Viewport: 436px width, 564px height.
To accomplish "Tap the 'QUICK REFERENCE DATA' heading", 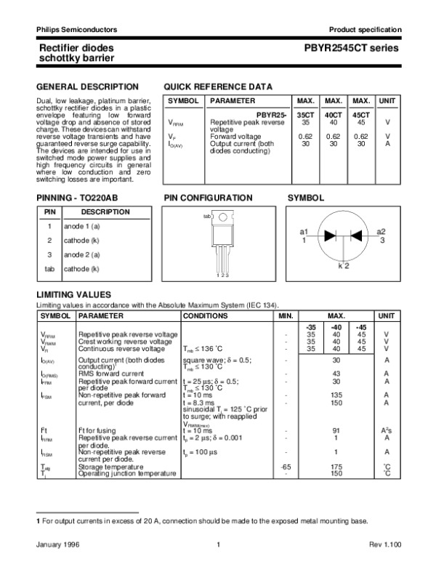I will click(218, 86).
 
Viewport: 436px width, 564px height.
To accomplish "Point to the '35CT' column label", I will click(305, 116).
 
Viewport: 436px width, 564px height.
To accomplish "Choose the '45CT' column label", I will click(361, 116).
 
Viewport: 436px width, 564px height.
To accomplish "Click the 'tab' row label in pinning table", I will click(49, 269).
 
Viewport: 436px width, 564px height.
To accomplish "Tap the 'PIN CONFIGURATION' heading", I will click(208, 198).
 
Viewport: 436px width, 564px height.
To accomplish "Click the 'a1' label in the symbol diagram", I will click(304, 231).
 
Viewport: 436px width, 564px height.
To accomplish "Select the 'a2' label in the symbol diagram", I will click(381, 231).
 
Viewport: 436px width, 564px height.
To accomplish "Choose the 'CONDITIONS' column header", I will click(207, 317).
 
